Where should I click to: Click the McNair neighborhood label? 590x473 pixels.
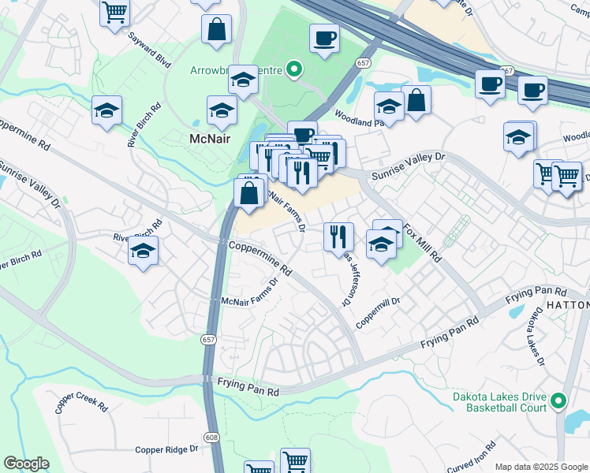[x=210, y=140]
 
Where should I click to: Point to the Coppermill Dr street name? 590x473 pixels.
[x=378, y=312]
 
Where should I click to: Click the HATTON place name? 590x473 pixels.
[x=567, y=304]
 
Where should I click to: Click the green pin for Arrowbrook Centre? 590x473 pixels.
[x=294, y=70]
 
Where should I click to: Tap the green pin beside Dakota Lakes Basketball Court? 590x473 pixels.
[x=559, y=401]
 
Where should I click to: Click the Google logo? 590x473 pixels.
[x=27, y=464]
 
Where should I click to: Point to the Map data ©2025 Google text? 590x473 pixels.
[x=540, y=467]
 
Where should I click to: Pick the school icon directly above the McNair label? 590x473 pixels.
[x=222, y=110]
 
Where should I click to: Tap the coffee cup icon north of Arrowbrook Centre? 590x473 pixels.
[x=323, y=38]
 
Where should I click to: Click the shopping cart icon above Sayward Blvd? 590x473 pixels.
[x=115, y=13]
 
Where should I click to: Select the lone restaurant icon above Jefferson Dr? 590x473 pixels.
[x=338, y=236]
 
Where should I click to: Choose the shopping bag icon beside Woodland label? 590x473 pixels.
[x=416, y=100]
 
